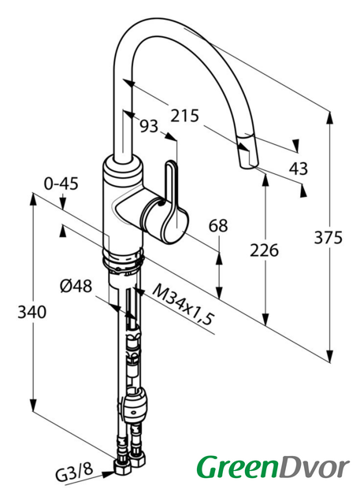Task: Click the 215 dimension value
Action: click(x=184, y=116)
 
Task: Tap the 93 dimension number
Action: click(x=149, y=126)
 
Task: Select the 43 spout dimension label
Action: click(x=299, y=169)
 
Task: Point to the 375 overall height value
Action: click(x=328, y=238)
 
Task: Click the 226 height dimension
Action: click(x=264, y=250)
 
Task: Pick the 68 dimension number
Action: click(x=218, y=226)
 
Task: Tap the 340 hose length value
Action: click(x=32, y=312)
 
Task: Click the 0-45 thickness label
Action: click(x=61, y=183)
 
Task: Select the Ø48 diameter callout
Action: click(x=76, y=286)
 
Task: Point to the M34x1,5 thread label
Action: click(x=183, y=305)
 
